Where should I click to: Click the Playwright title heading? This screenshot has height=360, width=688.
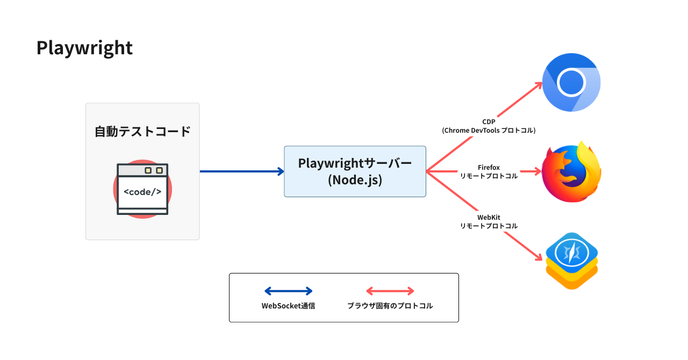[84, 48]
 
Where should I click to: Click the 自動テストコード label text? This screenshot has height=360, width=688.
[142, 131]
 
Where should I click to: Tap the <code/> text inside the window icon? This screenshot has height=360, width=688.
[142, 191]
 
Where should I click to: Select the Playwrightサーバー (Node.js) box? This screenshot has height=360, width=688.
[355, 171]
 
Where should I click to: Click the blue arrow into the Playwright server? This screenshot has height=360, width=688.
[242, 171]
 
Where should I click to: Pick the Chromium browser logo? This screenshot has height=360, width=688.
[571, 82]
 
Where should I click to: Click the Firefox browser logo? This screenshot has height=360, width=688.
[571, 172]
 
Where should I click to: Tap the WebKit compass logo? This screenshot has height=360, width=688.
[572, 260]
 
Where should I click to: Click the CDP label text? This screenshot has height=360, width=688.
[489, 122]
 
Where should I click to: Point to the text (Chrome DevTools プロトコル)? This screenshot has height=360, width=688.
[489, 131]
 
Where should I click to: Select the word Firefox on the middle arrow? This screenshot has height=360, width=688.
[489, 168]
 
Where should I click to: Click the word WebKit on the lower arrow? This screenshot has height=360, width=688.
[489, 217]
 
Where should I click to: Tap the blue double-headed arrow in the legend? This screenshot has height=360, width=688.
[288, 291]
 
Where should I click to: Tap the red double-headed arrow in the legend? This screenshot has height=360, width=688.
[390, 291]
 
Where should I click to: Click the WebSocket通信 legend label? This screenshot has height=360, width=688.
[288, 306]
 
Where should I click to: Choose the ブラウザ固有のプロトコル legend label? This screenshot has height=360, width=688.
[390, 306]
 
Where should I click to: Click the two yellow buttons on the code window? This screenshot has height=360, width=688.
[153, 170]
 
